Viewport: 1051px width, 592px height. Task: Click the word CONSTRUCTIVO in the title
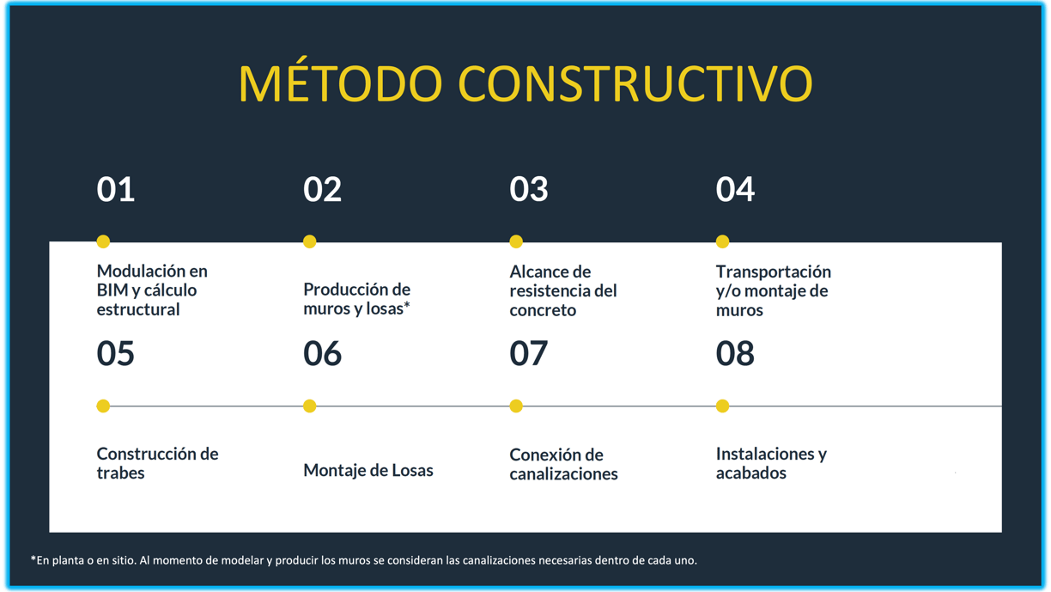635,83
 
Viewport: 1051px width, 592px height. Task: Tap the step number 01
115,189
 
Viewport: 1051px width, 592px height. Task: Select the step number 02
322,189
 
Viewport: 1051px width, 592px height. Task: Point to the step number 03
529,189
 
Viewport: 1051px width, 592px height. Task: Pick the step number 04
735,189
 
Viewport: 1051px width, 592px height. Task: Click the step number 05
115,353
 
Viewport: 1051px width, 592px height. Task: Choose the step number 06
322,353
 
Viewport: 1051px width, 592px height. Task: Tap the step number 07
528,353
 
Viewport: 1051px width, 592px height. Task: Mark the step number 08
735,353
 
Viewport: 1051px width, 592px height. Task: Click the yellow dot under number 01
103,241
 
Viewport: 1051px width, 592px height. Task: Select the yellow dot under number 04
723,241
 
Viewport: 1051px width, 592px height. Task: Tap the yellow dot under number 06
310,406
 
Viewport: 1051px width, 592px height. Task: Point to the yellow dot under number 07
516,406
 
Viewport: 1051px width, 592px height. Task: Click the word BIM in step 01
112,290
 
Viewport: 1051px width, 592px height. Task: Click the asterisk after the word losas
407,305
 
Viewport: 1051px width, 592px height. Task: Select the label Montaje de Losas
368,470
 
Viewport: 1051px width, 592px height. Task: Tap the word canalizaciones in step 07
563,473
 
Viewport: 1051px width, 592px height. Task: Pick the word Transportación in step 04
774,272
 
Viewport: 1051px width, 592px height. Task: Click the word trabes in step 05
120,473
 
